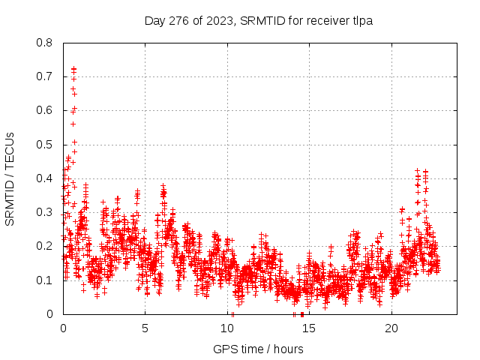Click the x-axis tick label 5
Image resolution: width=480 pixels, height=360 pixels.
coord(145,328)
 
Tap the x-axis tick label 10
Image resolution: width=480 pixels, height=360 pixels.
coord(227,328)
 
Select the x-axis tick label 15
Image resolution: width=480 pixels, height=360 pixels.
coord(309,328)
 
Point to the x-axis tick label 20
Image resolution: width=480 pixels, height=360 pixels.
coord(391,328)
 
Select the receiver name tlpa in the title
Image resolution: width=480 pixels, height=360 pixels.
coord(361,20)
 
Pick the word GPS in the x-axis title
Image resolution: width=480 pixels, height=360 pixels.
coord(224,349)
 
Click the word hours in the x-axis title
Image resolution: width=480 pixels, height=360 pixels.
coord(289,349)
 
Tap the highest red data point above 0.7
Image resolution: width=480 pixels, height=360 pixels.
coord(73,69)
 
